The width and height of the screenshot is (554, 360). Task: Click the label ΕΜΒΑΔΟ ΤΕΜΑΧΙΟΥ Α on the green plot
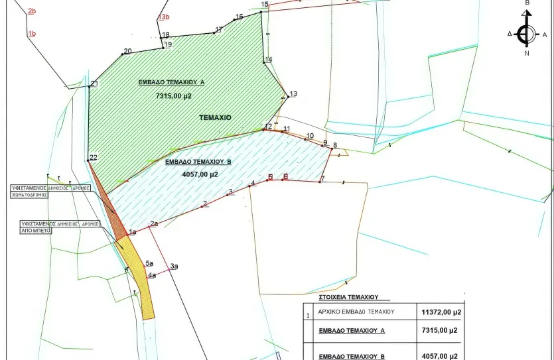(171, 83)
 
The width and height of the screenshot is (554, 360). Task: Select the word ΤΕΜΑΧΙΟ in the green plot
(215, 117)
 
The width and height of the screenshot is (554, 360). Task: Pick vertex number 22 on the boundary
(93, 157)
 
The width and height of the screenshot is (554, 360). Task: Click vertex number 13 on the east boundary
(293, 93)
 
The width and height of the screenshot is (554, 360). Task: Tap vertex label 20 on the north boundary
(127, 51)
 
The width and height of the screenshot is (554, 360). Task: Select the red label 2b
(32, 11)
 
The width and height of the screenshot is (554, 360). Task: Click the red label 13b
(164, 17)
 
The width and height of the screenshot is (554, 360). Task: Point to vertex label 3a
(174, 267)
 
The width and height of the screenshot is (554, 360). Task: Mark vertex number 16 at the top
(240, 17)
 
